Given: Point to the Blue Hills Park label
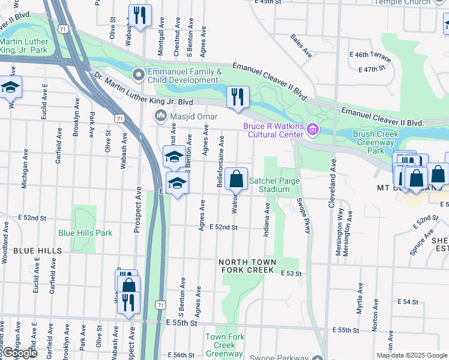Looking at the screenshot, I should point(85,233).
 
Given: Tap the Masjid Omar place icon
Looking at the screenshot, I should point(160,115).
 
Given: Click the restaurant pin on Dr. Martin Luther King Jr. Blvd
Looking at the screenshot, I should point(238,97).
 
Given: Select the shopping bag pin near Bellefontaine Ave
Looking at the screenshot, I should point(238,178).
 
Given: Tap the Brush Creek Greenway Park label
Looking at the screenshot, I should point(376,143).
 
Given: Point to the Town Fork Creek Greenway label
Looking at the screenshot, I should point(225,345).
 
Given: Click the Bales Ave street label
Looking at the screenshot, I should point(301,46).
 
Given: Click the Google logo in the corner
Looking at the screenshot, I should point(19,353).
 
